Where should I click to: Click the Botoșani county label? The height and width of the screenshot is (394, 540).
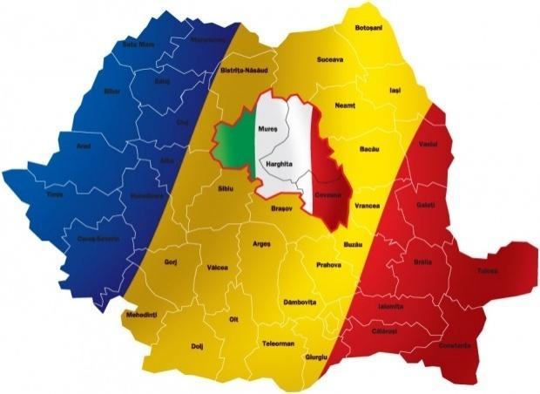coord(370,29)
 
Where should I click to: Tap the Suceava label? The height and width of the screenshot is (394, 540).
coord(331,61)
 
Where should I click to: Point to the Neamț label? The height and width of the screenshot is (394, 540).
coord(345,105)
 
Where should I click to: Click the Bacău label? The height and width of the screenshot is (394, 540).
coord(369,149)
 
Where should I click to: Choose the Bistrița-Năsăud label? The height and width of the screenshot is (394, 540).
coord(243,70)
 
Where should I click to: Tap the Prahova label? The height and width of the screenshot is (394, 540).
coord(329,264)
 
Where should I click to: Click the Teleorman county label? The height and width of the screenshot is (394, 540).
coord(279,343)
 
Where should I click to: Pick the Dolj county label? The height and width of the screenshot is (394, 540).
coord(197,347)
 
